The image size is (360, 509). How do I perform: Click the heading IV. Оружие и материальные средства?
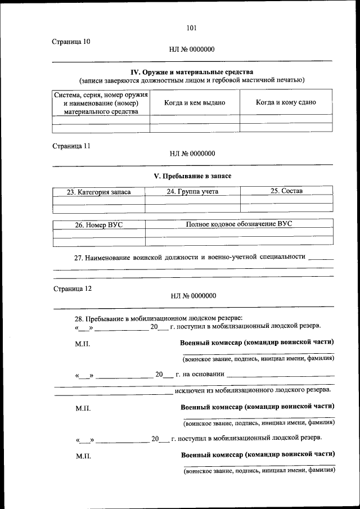coord(192,72)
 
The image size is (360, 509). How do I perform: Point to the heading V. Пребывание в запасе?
coord(192,176)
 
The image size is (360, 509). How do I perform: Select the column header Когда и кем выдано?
coord(195,103)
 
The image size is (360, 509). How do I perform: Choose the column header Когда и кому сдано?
coord(286,102)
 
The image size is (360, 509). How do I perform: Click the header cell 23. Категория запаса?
coord(98,192)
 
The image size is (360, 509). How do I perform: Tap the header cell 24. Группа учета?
coord(192,191)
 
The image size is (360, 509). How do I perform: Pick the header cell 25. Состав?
coord(286,191)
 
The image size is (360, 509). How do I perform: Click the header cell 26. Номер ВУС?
coord(98,225)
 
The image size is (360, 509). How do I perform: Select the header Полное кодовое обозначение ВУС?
coord(239,224)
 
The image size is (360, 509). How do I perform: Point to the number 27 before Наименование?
coord(79,258)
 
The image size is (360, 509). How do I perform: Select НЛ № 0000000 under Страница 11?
coord(192,153)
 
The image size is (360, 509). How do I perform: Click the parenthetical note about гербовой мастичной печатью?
coord(192,80)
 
